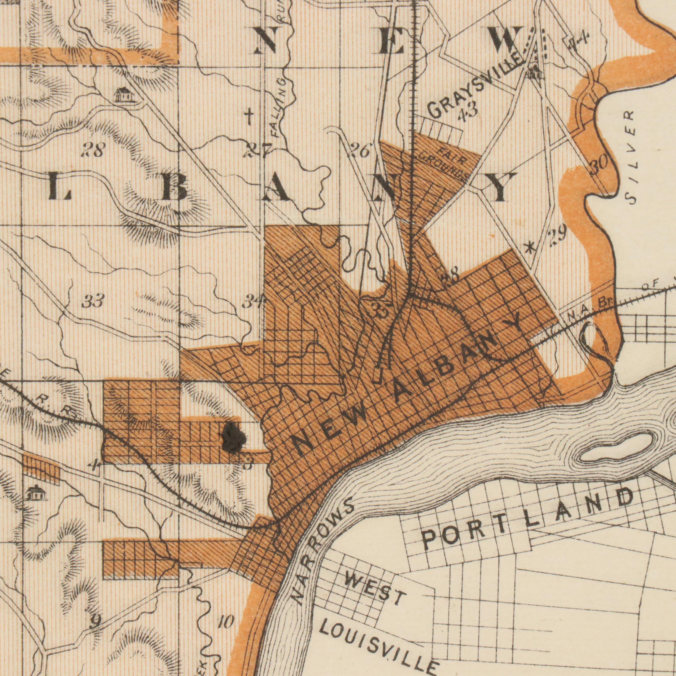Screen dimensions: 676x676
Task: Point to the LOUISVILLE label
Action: pyautogui.click(x=380, y=639)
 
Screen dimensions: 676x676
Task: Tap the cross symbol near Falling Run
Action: pyautogui.click(x=248, y=117)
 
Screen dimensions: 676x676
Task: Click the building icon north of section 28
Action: pyautogui.click(x=124, y=94)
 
